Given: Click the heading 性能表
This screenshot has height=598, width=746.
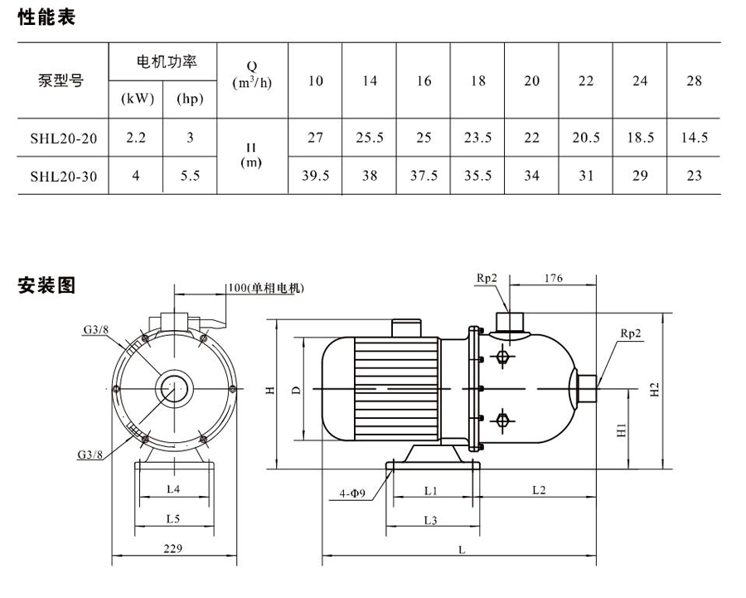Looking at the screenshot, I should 46,17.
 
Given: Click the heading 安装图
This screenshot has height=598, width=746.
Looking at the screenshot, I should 46,286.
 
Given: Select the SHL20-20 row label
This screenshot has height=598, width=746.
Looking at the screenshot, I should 63,139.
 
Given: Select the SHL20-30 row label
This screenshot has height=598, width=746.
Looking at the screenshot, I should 63,176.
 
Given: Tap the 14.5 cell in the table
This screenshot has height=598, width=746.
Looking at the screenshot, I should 695,139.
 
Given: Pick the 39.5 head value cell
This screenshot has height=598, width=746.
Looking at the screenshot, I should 315,176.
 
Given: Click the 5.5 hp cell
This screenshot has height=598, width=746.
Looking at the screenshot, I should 190,176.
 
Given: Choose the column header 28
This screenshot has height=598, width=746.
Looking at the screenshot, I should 695,80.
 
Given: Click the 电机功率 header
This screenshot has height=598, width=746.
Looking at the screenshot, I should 163,62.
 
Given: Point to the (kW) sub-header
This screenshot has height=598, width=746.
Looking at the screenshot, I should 138,99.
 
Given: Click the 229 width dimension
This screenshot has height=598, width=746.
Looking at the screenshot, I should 173,548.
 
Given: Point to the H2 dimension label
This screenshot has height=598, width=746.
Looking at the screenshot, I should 654,390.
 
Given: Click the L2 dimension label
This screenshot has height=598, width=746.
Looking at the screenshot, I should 537,490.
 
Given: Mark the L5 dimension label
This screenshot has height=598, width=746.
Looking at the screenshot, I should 173,518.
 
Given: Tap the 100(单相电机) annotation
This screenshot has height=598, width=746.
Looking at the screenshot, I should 265,289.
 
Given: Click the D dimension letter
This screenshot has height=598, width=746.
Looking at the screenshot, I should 296,389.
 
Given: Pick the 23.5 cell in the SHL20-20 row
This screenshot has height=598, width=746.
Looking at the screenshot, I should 477,139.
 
